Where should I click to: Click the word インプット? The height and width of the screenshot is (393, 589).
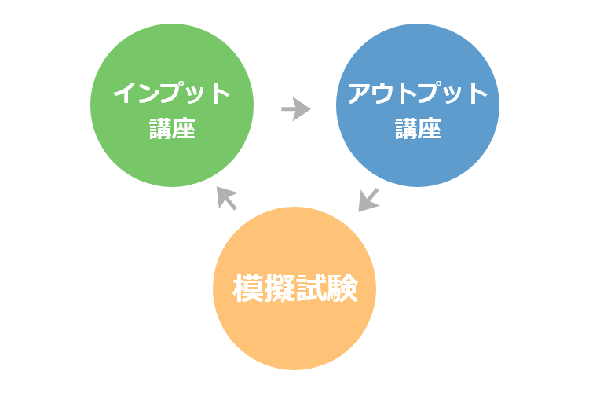[172, 93]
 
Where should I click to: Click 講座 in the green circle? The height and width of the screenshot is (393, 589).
[172, 128]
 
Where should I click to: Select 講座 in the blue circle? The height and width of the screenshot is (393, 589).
[418, 128]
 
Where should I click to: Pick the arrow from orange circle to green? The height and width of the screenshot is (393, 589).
[227, 198]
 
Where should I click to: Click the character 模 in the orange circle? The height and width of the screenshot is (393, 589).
[248, 288]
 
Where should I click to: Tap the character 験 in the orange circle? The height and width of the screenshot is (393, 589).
[342, 288]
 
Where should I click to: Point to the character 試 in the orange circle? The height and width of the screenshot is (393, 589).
[311, 288]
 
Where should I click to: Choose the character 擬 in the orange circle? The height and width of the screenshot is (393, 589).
[279, 288]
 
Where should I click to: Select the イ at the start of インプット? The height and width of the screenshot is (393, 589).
[124, 93]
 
